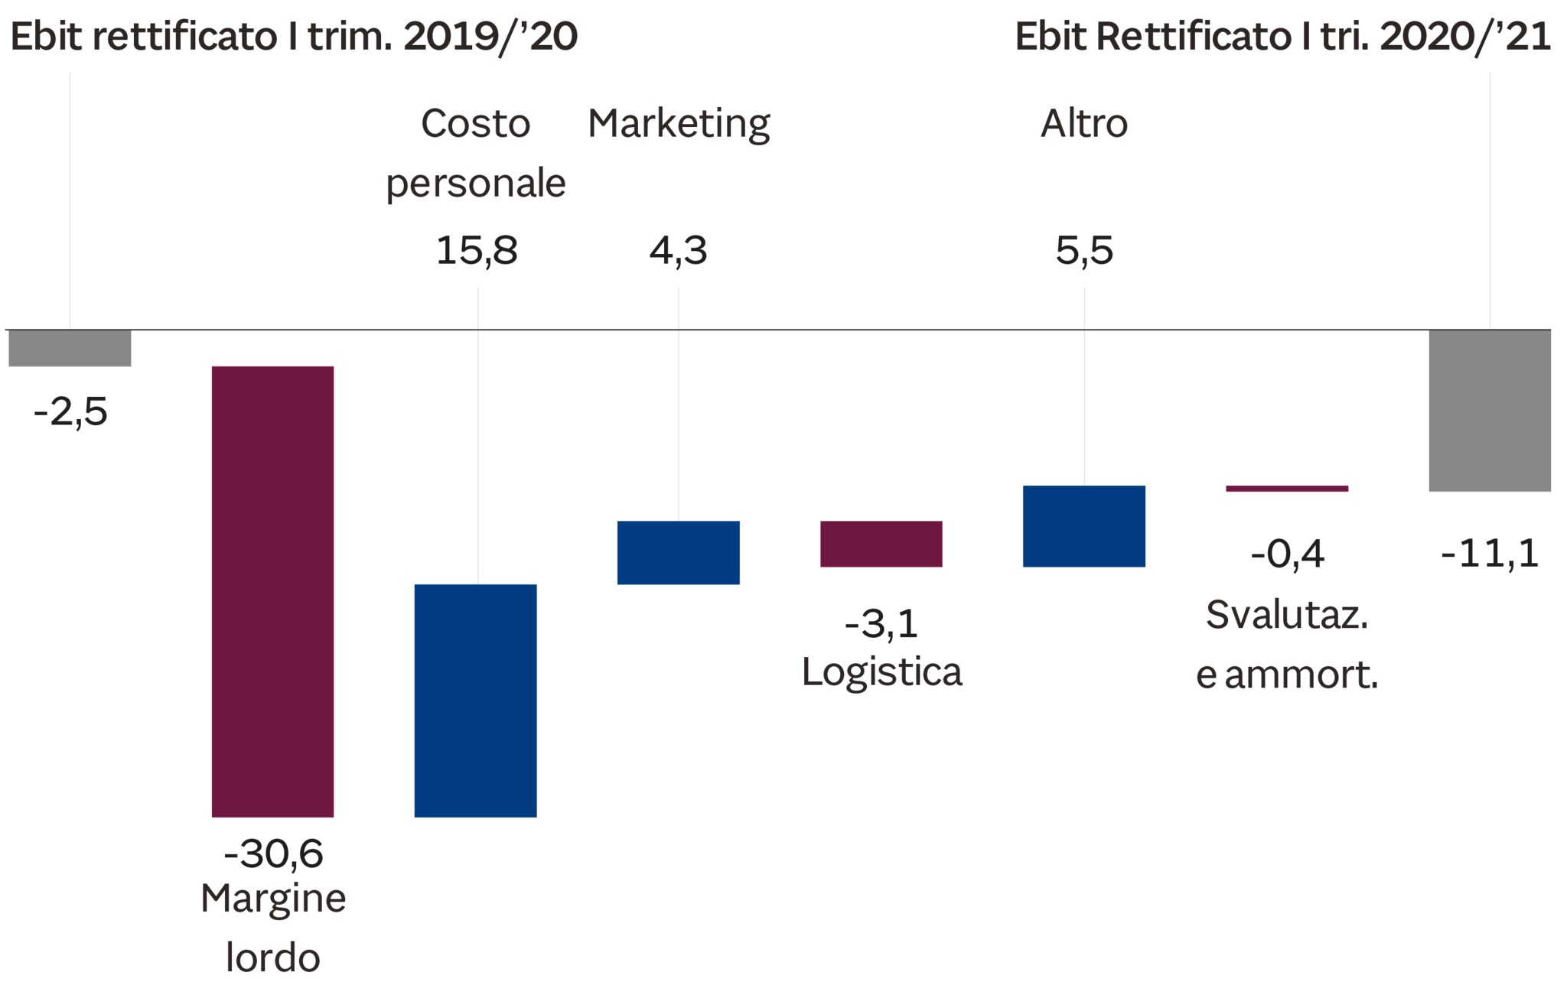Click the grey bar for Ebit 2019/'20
70,349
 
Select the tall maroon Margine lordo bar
272,591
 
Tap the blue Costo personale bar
476,701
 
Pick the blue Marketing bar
679,552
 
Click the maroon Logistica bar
881,544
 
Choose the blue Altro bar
1084,526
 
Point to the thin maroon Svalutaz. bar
1287,489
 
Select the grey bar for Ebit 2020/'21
1490,411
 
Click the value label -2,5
71,414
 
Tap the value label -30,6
273,853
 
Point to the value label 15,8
477,251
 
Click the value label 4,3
678,251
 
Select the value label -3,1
881,625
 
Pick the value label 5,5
1084,251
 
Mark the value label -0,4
1287,554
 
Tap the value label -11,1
1489,554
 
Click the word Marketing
679,125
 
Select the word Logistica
881,672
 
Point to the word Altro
1083,124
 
